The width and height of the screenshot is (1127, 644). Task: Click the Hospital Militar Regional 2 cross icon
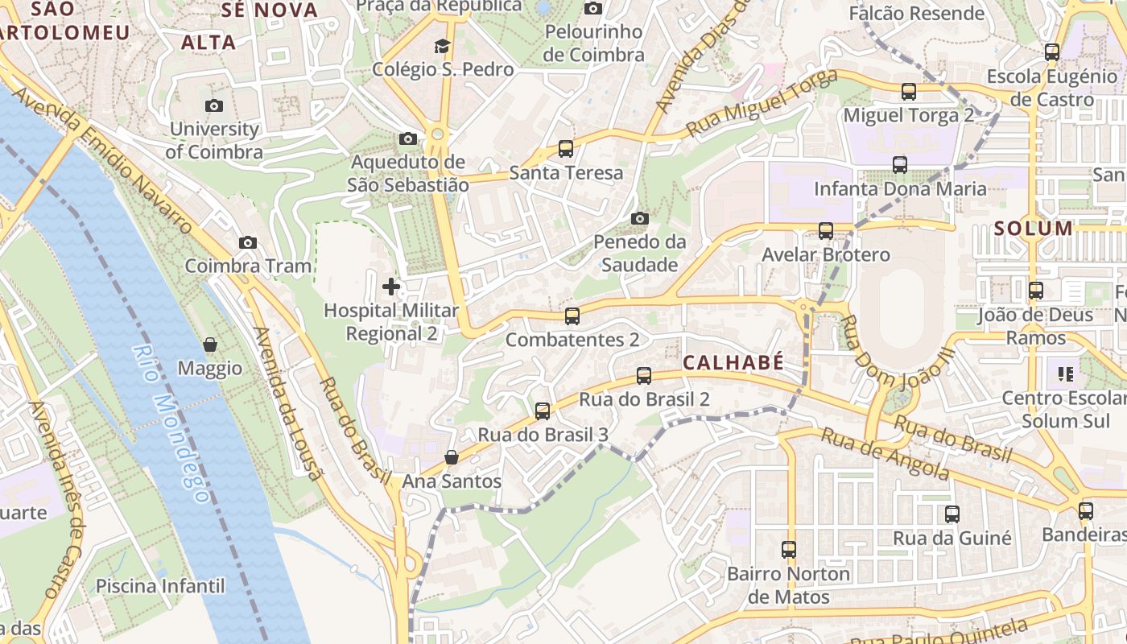391,287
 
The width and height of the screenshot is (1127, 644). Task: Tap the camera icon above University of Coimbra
214,105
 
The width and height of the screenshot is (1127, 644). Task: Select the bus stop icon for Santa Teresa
566,149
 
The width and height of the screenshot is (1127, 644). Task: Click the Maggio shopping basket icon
210,345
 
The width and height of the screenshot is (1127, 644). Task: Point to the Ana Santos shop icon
452,458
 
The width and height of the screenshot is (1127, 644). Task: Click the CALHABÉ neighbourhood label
733,363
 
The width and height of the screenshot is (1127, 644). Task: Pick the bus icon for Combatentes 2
572,316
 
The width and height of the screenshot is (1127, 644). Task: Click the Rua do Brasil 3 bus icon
543,411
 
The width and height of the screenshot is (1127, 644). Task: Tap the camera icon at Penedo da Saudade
640,218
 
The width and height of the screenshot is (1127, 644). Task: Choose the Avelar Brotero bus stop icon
826,231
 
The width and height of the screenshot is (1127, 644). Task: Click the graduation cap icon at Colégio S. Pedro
442,46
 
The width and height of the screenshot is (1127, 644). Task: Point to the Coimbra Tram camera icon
248,242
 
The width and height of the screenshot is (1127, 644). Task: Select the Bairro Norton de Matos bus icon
789,550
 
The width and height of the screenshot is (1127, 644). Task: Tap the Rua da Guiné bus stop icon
952,514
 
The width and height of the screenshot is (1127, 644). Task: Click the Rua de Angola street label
885,453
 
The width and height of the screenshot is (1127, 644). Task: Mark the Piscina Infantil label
161,585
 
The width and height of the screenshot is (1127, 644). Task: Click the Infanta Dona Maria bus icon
900,165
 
